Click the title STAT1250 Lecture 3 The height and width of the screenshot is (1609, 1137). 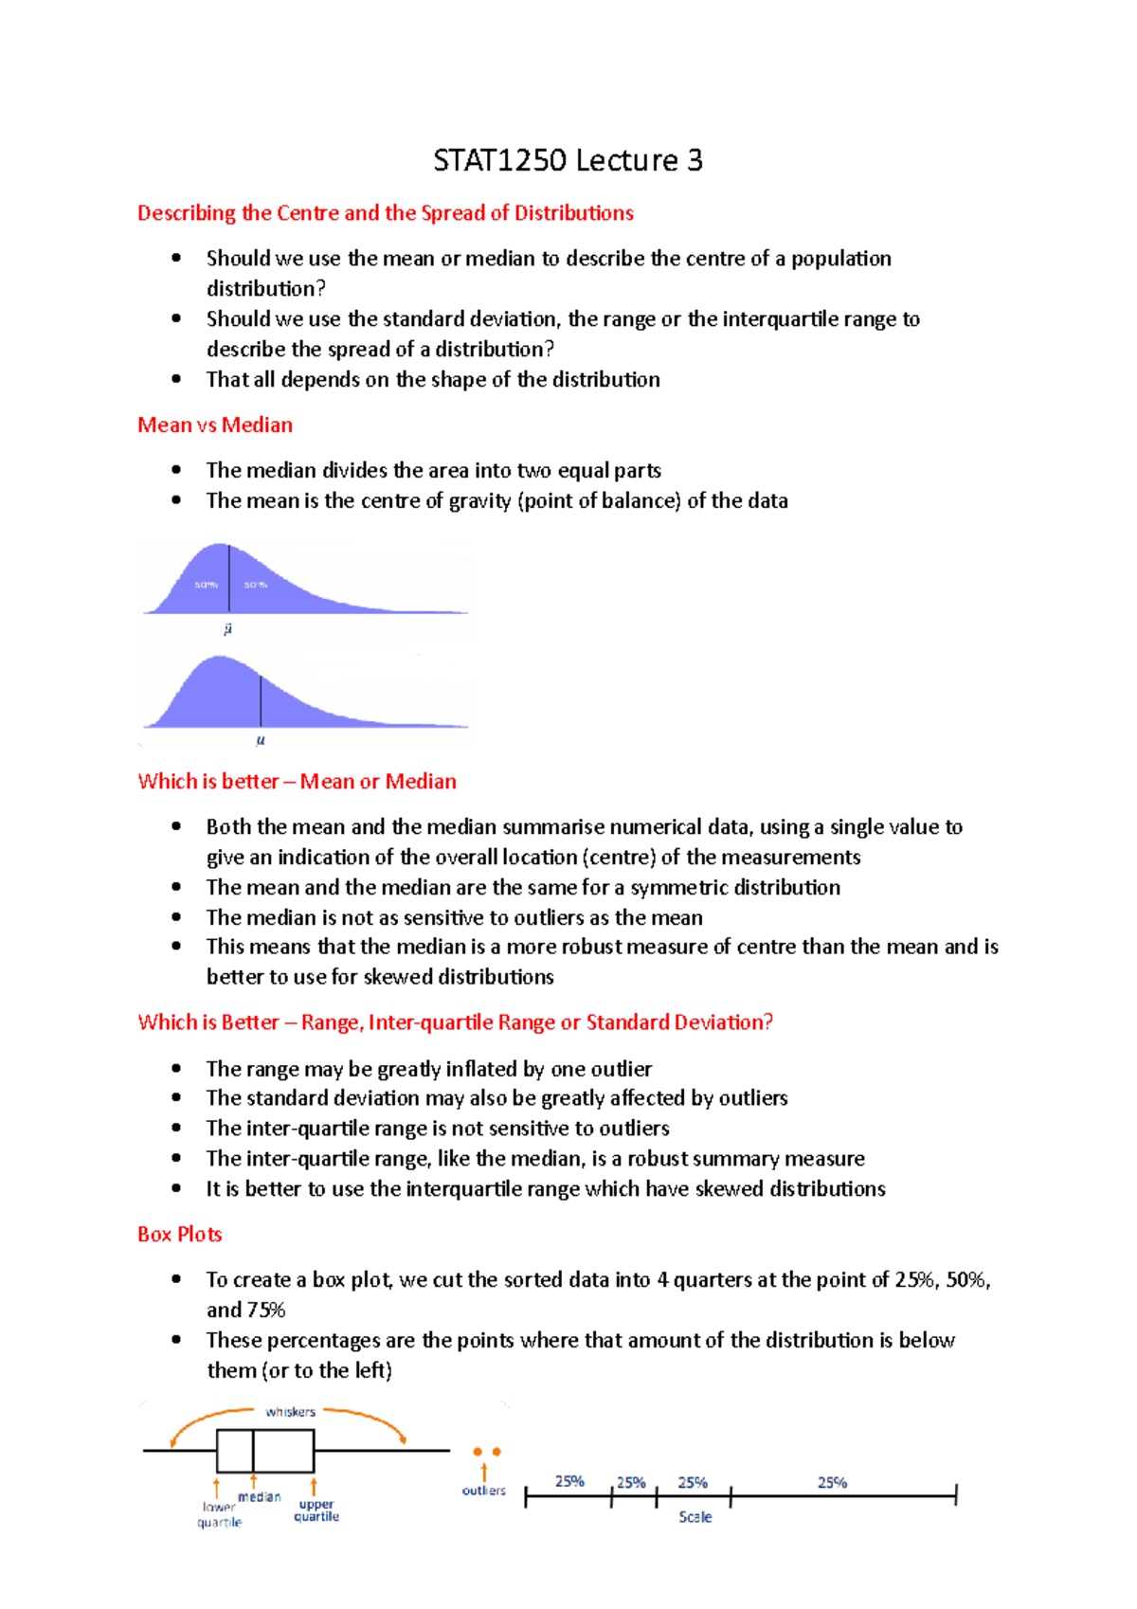pyautogui.click(x=568, y=160)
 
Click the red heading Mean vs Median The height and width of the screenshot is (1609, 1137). pyautogui.click(x=215, y=425)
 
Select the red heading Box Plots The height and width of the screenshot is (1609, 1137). pyautogui.click(x=180, y=1234)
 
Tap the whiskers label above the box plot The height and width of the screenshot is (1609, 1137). pyautogui.click(x=290, y=1412)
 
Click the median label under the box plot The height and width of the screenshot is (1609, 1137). pyautogui.click(x=259, y=1497)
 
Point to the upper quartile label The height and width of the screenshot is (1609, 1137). pyautogui.click(x=316, y=1510)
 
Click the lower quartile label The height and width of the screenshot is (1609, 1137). pyautogui.click(x=220, y=1514)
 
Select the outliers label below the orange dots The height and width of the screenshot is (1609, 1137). pyautogui.click(x=483, y=1491)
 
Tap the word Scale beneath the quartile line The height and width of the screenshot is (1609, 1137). pyautogui.click(x=695, y=1517)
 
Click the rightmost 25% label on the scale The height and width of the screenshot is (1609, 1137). pyautogui.click(x=832, y=1482)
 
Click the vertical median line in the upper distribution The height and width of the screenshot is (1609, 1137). pyautogui.click(x=228, y=578)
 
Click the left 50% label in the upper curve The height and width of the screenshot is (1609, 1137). pyautogui.click(x=206, y=585)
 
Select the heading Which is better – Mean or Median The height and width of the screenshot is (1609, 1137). pyautogui.click(x=297, y=781)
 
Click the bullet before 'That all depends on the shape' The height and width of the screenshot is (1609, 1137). pyautogui.click(x=176, y=378)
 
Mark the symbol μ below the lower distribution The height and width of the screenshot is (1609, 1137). pyautogui.click(x=261, y=740)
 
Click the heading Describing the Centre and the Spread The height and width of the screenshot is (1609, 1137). pyautogui.click(x=386, y=212)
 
